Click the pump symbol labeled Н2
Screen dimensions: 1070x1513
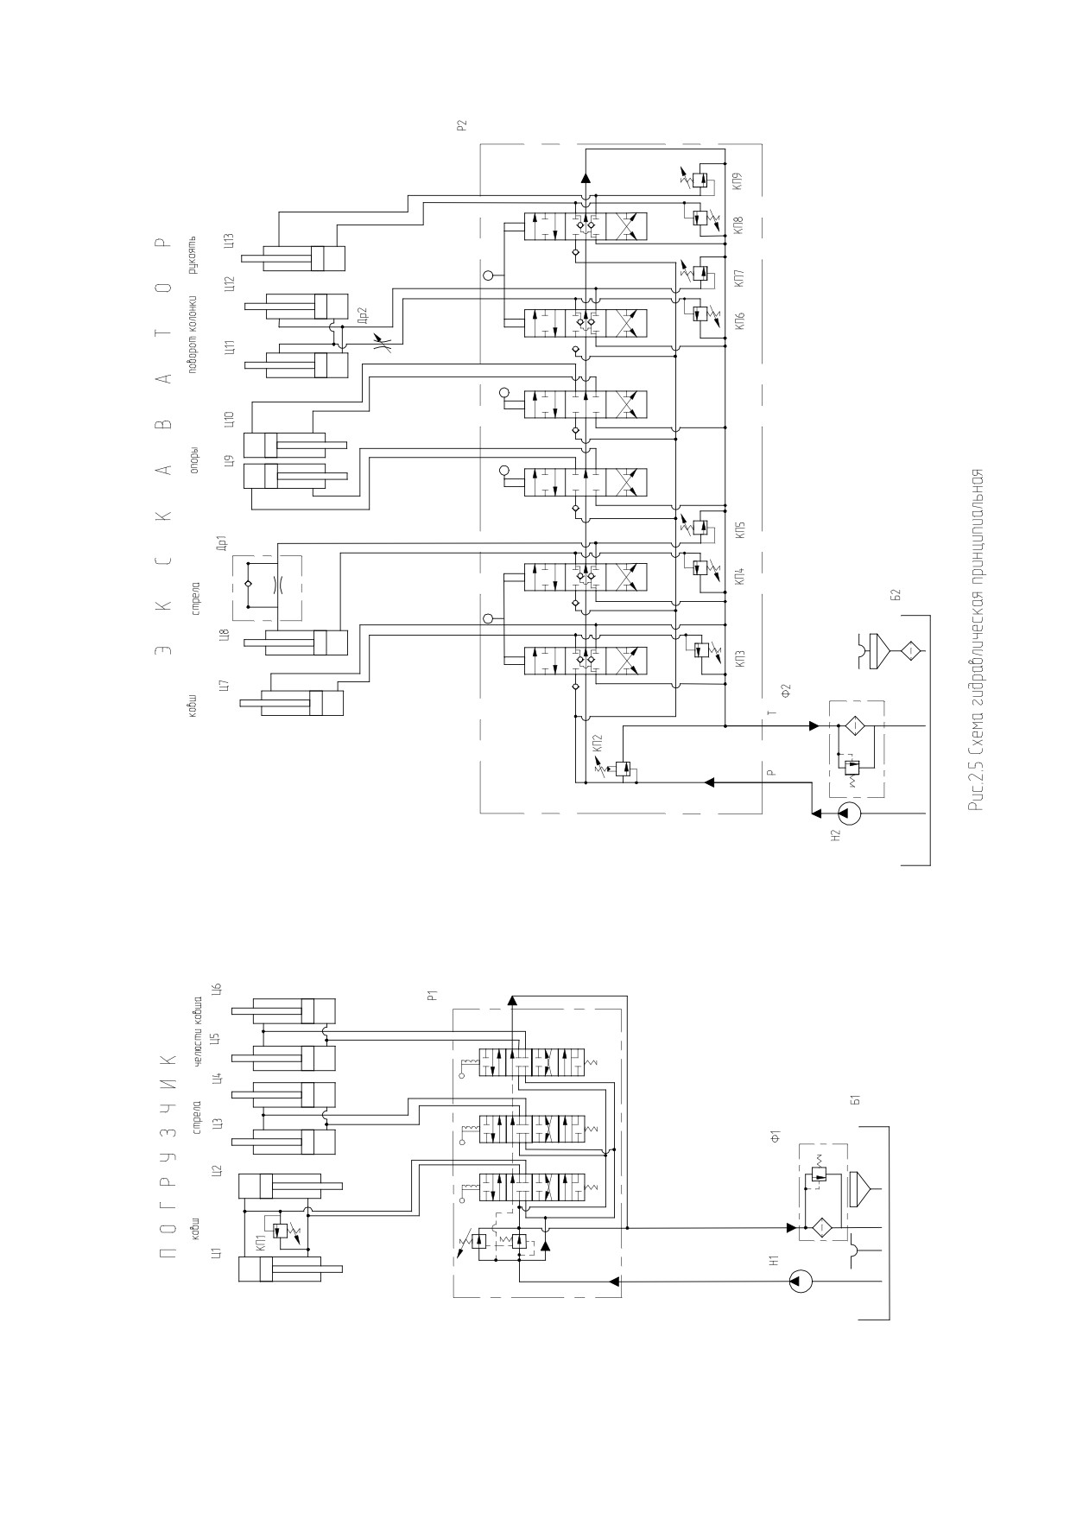(x=850, y=813)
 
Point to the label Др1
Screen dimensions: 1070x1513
(x=222, y=544)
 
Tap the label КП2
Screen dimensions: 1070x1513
(x=598, y=742)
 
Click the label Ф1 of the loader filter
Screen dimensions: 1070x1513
(x=776, y=1138)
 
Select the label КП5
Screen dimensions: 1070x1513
(x=740, y=530)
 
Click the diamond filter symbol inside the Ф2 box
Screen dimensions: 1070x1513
(x=850, y=725)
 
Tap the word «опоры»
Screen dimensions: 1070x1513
(x=195, y=460)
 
